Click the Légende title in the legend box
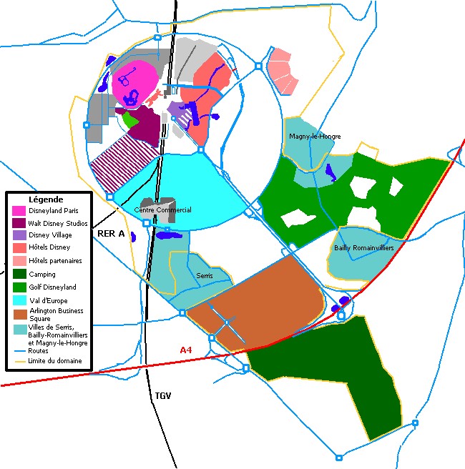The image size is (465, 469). click(46, 199)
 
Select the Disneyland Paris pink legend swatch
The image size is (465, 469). click(19, 211)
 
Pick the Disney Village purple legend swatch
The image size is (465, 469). click(19, 235)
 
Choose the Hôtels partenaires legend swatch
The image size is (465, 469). click(19, 260)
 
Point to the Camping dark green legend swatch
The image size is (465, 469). click(19, 274)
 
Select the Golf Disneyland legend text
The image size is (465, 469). click(52, 287)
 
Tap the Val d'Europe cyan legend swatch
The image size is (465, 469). click(19, 300)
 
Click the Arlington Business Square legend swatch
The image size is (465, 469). click(19, 313)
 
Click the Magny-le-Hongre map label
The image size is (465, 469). click(315, 136)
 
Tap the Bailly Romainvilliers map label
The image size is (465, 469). click(363, 247)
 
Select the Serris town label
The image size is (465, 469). click(204, 275)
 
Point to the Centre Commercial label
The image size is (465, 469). click(163, 210)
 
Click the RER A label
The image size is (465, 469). click(111, 233)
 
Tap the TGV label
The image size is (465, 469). click(164, 395)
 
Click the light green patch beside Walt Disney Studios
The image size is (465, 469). click(129, 119)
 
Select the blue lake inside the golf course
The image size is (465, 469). click(330, 172)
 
